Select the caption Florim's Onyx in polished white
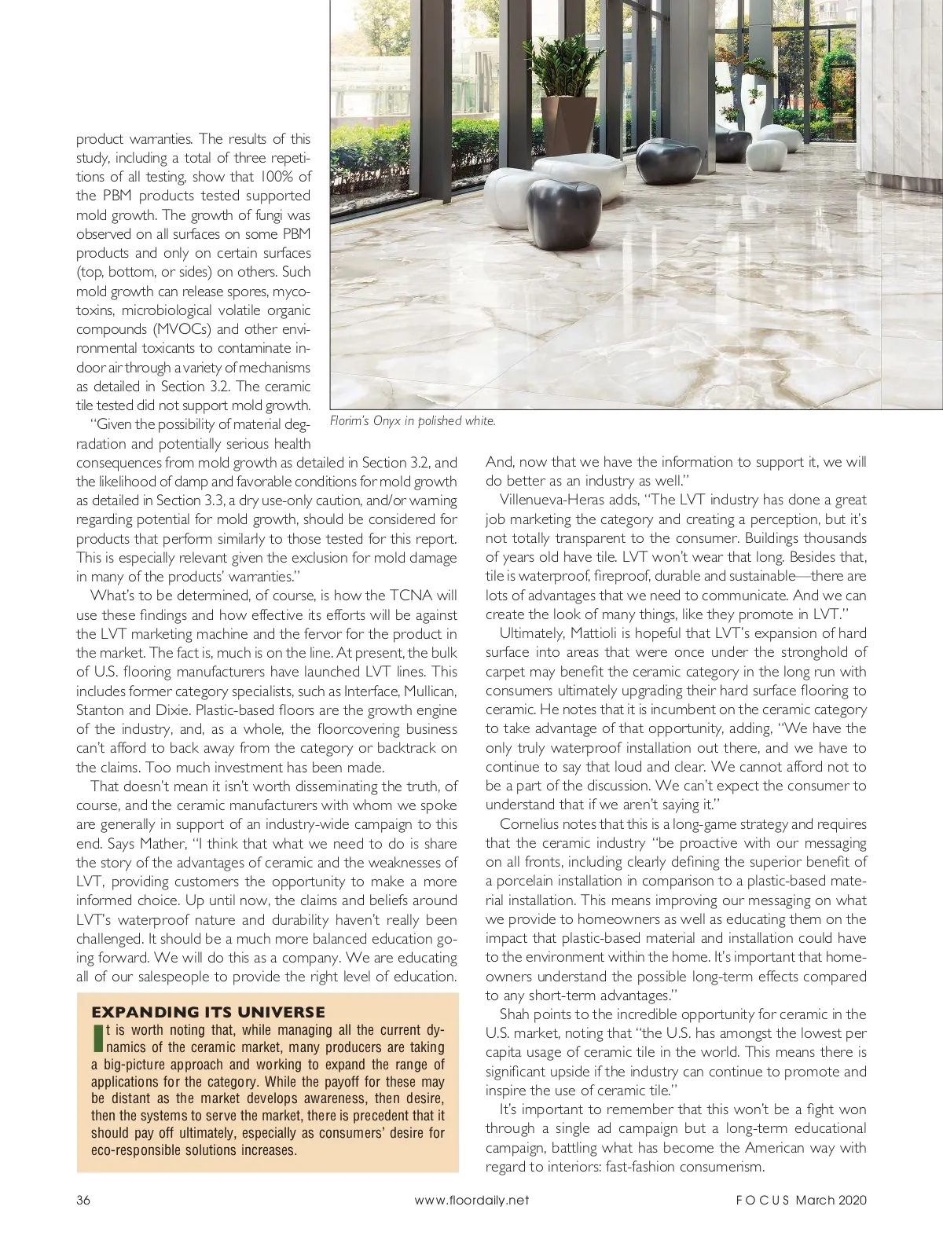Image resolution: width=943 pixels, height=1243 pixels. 413,422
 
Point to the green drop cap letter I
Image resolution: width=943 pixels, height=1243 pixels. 98,1039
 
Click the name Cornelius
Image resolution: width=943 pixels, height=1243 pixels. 530,824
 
